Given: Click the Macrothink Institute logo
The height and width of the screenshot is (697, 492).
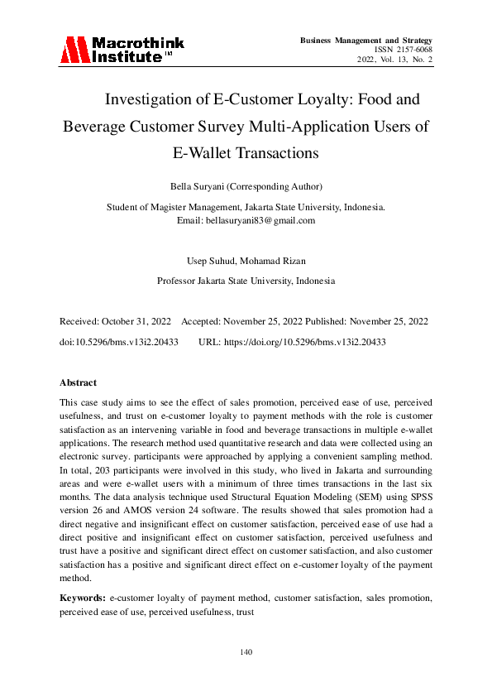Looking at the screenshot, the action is tap(122, 50).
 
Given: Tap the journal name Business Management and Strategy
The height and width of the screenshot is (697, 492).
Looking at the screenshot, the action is tap(366, 40).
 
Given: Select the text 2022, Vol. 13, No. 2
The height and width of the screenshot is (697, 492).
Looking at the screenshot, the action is tap(395, 60).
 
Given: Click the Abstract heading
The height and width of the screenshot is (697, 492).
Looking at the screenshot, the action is tap(78, 382).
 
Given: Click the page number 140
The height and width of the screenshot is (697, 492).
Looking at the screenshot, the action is tap(246, 652).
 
